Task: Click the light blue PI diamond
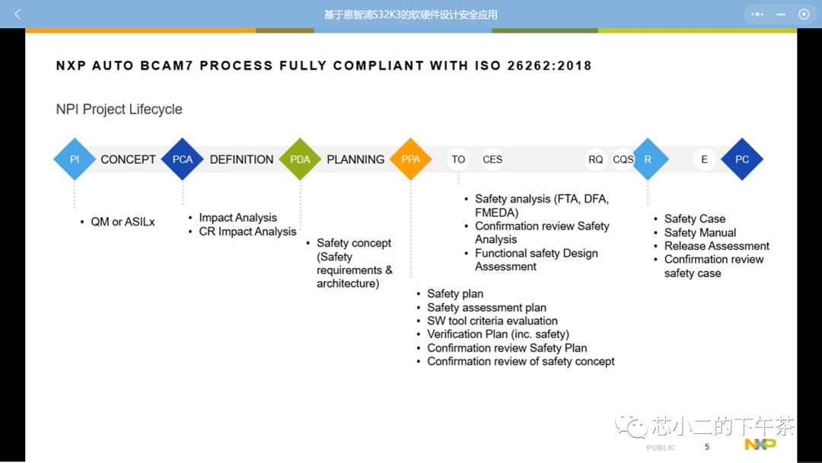(75, 159)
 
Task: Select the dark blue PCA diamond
(183, 159)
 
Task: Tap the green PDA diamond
(300, 159)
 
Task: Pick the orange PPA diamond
(410, 159)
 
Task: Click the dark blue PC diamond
(742, 159)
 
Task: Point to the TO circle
(458, 159)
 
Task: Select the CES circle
(492, 159)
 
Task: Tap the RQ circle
(595, 159)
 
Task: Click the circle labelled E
(704, 159)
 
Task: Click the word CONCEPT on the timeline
(128, 159)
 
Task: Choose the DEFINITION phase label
(242, 159)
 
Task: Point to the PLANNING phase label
(355, 159)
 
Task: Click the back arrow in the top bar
(18, 14)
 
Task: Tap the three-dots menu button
(757, 14)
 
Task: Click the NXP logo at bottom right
(760, 444)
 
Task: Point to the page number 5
(706, 447)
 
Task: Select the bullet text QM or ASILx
(123, 222)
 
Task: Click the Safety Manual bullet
(700, 232)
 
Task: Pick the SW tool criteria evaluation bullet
(492, 321)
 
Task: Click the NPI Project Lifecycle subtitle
(119, 109)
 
